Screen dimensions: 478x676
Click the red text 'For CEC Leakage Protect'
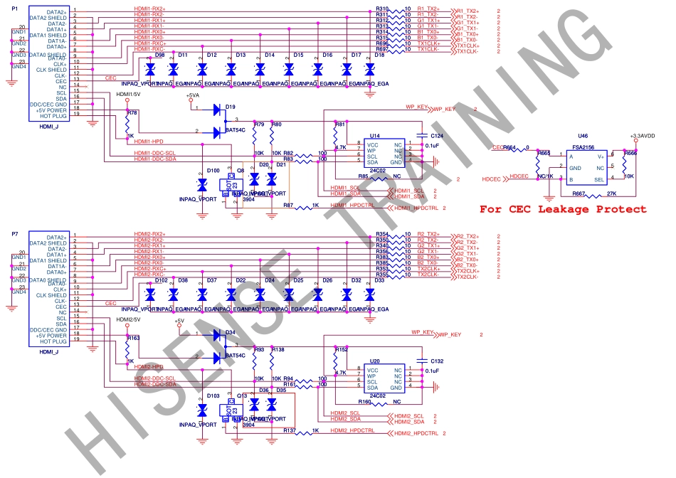pyautogui.click(x=563, y=209)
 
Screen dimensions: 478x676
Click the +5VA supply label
pyautogui.click(x=193, y=95)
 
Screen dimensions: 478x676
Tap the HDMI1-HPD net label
pyautogui.click(x=149, y=142)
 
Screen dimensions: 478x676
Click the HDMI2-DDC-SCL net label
pyautogui.click(x=154, y=378)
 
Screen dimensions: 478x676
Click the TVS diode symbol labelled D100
pyautogui.click(x=202, y=184)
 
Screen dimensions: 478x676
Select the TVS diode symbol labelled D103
pyautogui.click(x=202, y=410)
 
